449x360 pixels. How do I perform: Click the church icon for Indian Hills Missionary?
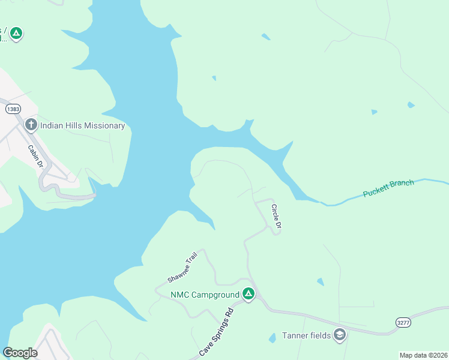point(31,125)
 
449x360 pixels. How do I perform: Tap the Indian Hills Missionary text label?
point(82,125)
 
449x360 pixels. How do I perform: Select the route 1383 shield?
point(13,109)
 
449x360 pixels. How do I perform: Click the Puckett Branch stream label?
point(388,189)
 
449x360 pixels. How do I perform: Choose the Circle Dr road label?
point(276,217)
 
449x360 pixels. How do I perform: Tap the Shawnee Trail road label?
point(182,268)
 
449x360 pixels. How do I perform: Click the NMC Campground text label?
point(205,294)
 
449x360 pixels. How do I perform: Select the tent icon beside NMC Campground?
point(249,294)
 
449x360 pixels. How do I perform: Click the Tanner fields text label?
point(307,335)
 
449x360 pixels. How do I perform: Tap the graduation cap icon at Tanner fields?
point(340,335)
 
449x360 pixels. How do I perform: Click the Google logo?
point(20,352)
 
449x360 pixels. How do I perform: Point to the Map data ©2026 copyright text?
point(423,355)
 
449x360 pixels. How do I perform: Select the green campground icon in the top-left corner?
point(16,33)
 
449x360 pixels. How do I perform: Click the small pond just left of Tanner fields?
point(272,338)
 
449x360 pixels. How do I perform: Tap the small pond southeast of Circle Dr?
point(320,281)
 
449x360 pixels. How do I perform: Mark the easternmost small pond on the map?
point(411,105)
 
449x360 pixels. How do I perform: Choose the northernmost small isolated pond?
point(265,37)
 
